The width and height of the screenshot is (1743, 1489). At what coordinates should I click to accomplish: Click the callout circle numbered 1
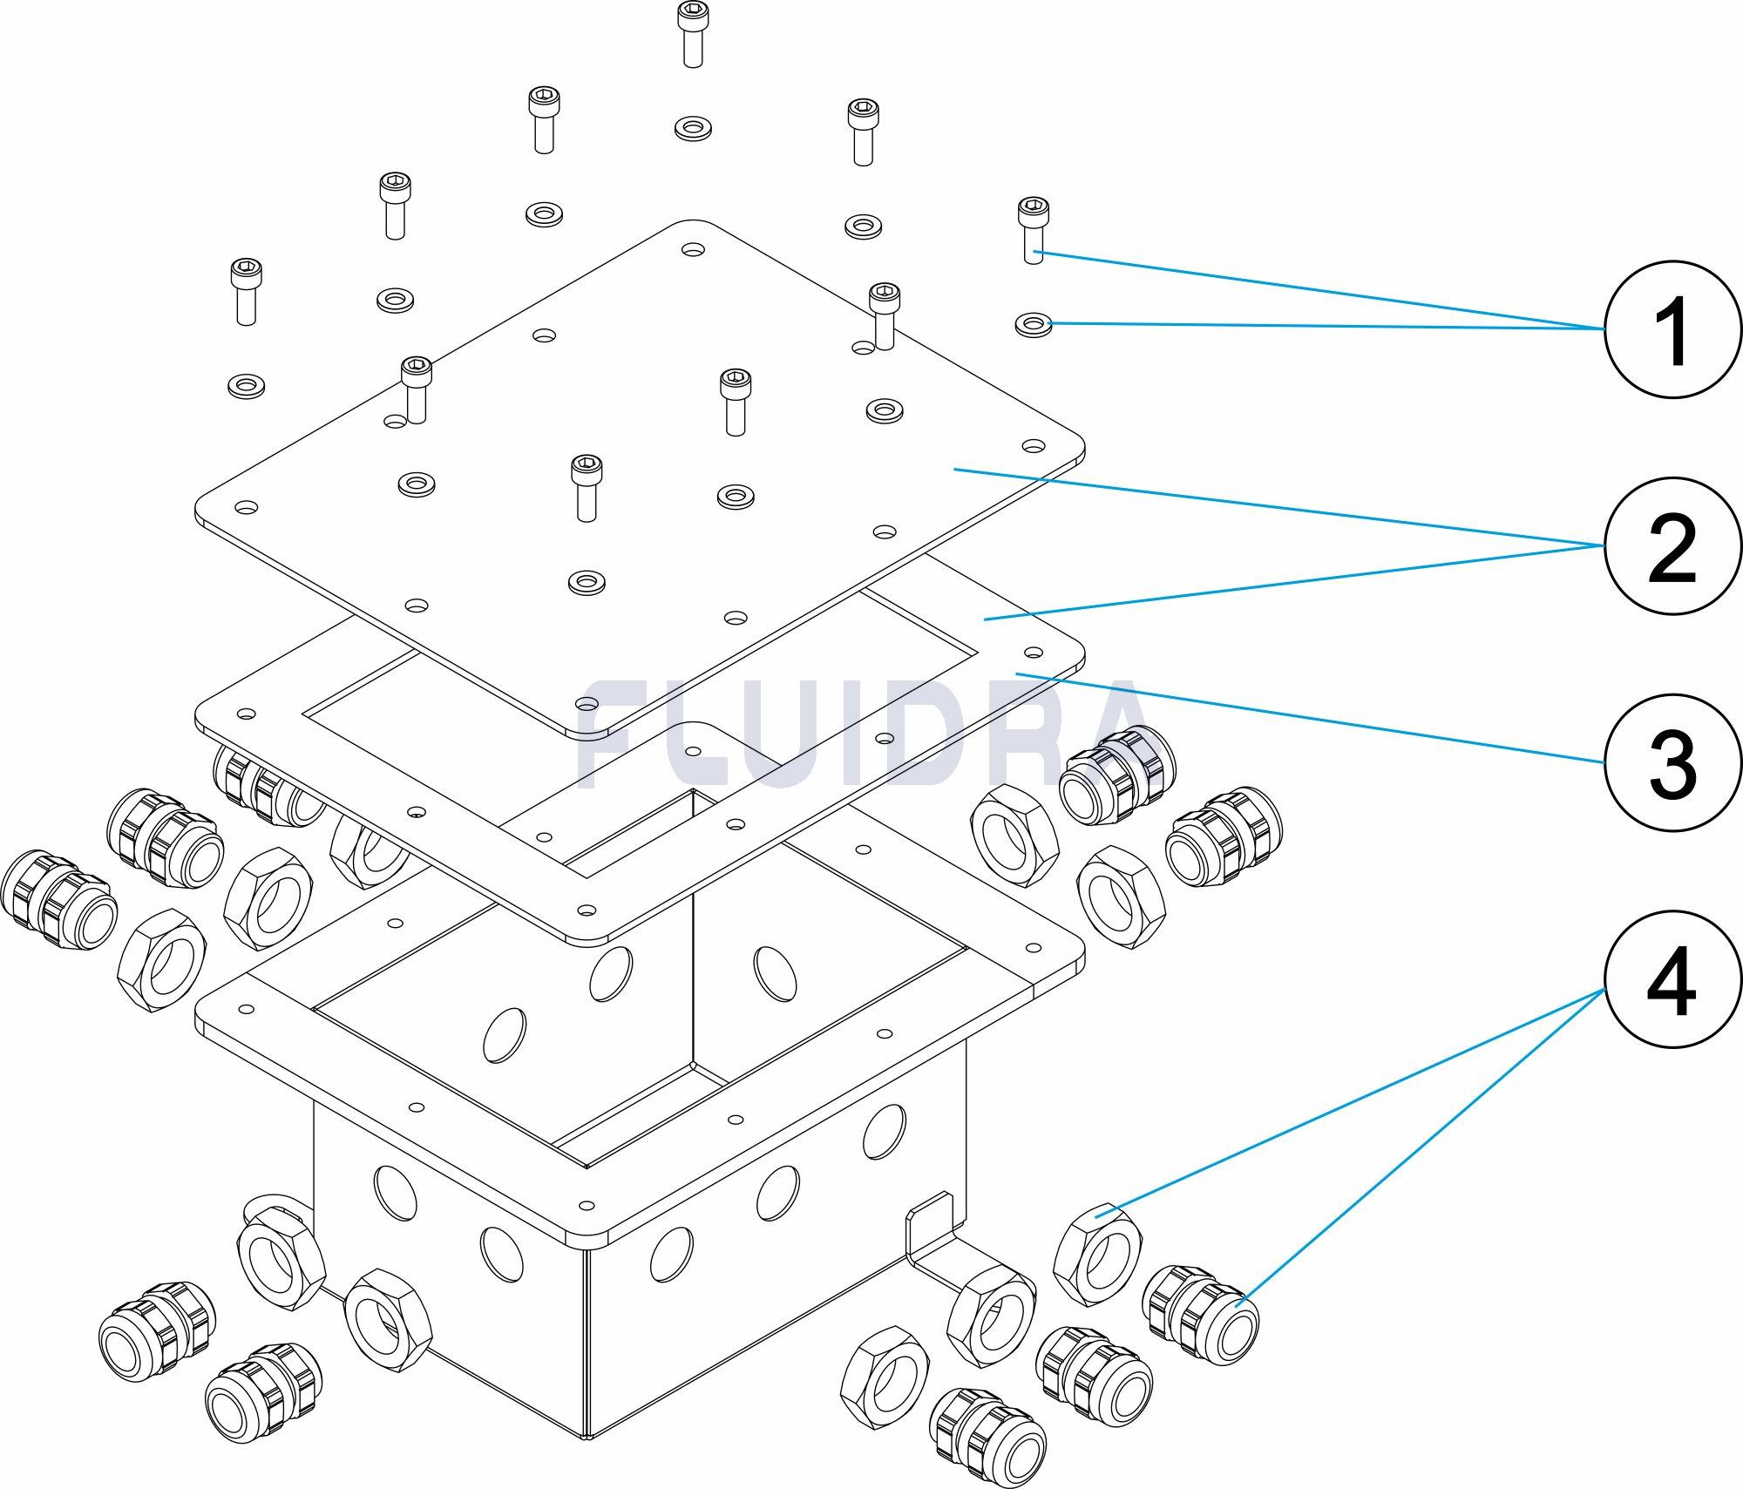tap(1672, 329)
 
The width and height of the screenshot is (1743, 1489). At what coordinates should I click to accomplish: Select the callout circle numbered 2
tap(1672, 545)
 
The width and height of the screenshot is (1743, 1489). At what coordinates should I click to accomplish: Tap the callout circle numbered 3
tap(1672, 761)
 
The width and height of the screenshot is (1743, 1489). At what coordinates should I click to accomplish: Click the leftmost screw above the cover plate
tap(246, 291)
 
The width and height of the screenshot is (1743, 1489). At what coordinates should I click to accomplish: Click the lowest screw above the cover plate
tap(586, 487)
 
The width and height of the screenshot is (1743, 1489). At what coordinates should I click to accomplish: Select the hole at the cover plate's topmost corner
tap(693, 250)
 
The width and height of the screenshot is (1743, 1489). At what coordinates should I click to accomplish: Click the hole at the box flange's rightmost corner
tap(1035, 947)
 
